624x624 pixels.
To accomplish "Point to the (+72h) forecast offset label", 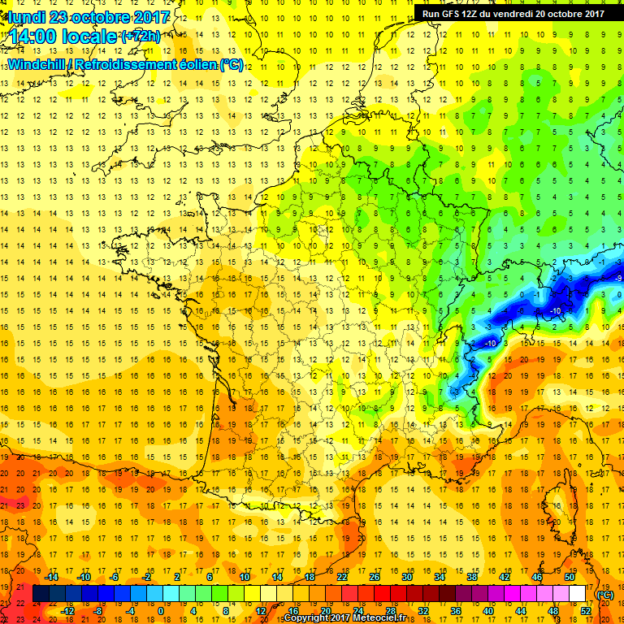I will tap(141, 37).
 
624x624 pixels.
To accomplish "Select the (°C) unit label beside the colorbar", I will tap(605, 595).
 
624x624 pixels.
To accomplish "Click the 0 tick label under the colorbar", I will tap(160, 611).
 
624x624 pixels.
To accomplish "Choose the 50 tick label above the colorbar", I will tap(570, 576).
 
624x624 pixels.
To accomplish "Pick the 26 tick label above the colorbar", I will tap(375, 576).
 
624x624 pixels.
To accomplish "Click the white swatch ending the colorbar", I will tap(578, 594).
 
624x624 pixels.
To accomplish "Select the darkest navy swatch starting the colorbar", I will tap(40, 594).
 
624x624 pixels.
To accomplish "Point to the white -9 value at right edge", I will tap(618, 278).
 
